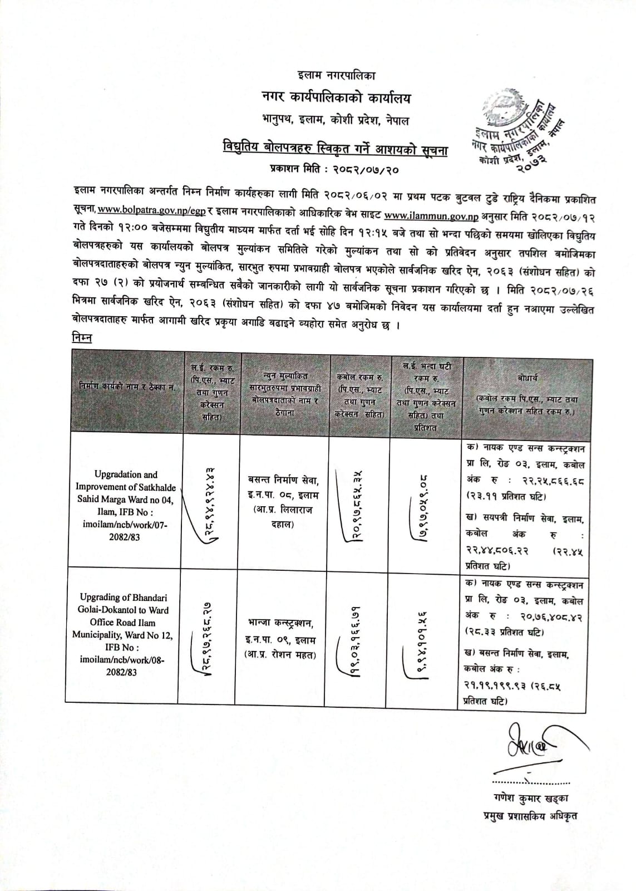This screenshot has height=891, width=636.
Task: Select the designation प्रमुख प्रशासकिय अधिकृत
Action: [530, 816]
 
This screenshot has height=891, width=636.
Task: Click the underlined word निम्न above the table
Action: [82, 337]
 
